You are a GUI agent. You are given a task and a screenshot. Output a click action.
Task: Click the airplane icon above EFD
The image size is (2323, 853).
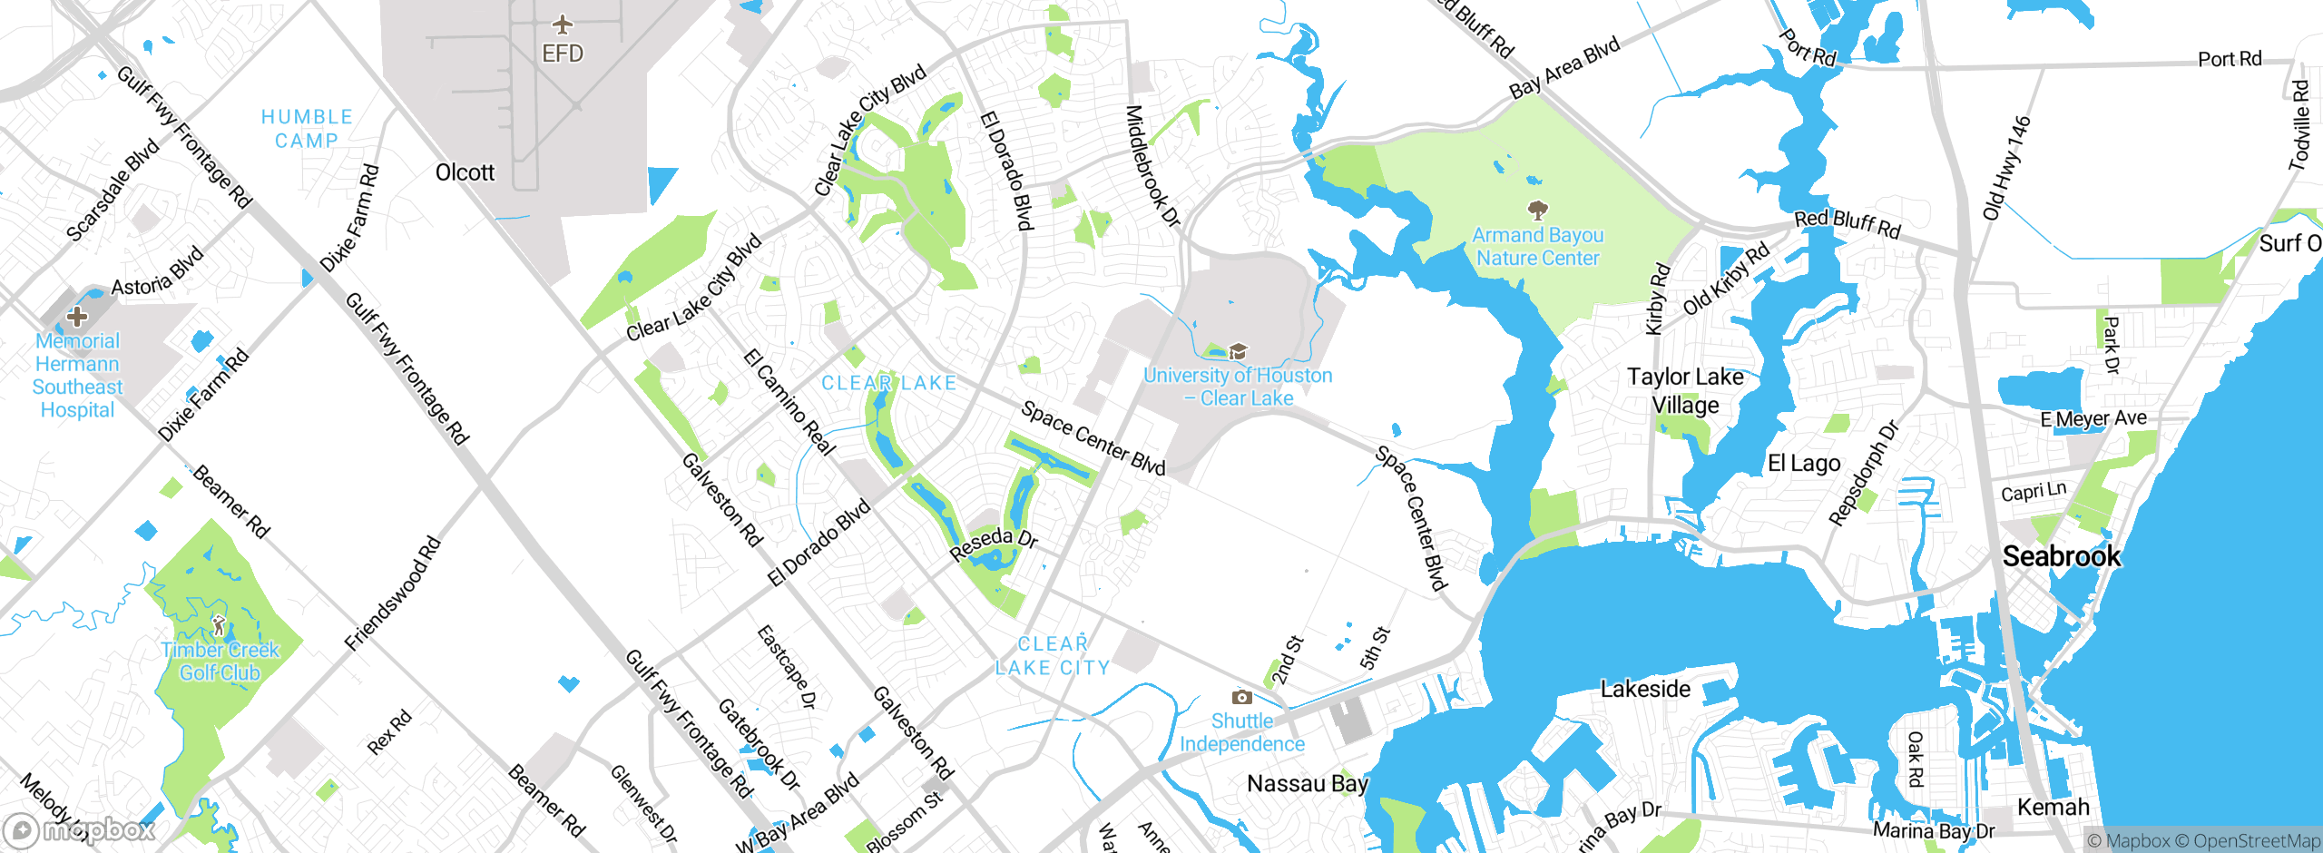(563, 24)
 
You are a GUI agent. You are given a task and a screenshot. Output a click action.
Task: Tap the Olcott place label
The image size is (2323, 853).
(465, 172)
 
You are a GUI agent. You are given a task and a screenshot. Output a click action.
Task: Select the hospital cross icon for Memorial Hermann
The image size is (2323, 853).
(77, 317)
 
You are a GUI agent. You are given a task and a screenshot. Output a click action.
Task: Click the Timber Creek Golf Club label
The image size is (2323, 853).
(221, 662)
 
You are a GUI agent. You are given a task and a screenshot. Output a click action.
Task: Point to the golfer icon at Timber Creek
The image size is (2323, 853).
(219, 625)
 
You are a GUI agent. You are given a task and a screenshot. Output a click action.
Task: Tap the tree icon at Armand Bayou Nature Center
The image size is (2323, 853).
(1537, 211)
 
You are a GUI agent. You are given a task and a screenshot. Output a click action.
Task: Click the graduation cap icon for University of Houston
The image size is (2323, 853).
(1238, 351)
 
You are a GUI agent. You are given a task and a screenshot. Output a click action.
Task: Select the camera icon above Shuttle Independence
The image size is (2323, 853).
(1241, 697)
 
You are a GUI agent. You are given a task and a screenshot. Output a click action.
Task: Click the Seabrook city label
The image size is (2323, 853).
(2061, 555)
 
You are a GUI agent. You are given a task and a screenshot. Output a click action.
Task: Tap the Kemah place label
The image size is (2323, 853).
(2053, 807)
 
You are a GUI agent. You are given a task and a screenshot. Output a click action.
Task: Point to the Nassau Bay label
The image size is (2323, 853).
(1307, 783)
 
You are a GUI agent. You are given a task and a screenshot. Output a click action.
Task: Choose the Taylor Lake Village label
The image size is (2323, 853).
(1685, 390)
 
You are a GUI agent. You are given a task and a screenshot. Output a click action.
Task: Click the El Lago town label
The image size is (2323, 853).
(1804, 464)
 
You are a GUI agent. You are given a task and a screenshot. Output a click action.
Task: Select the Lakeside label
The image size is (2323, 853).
(1645, 689)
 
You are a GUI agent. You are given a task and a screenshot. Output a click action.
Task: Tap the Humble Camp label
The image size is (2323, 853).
(307, 129)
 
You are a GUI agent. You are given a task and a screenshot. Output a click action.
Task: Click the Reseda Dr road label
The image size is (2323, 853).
(993, 543)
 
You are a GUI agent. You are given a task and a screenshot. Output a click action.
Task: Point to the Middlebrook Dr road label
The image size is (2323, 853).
(1152, 166)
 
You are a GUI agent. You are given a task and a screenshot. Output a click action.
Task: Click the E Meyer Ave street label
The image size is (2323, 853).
(2093, 418)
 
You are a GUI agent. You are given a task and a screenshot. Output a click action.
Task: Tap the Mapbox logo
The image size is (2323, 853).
(80, 829)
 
